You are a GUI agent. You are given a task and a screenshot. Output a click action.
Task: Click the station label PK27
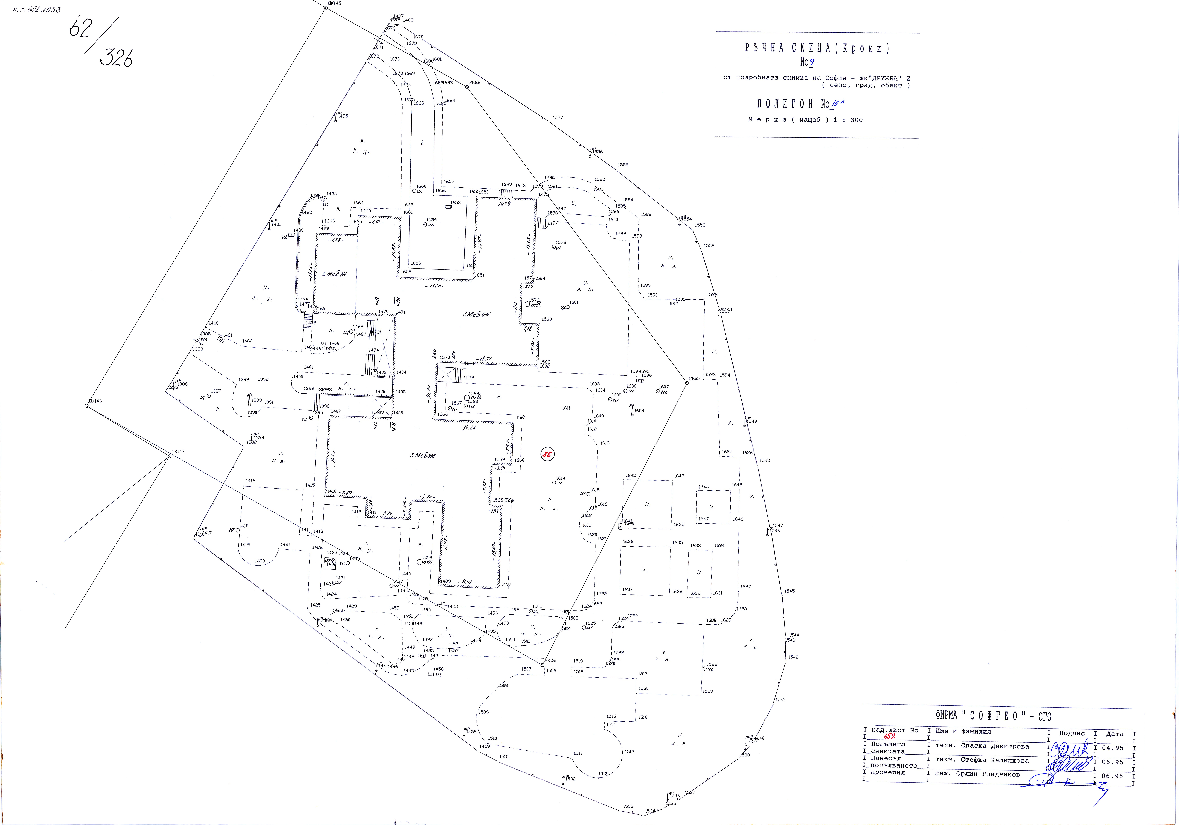[695, 379]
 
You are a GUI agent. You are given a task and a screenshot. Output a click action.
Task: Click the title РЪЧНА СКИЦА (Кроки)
[817, 48]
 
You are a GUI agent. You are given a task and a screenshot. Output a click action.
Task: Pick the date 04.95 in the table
[1112, 748]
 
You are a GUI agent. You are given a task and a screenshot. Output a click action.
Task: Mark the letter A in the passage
[422, 144]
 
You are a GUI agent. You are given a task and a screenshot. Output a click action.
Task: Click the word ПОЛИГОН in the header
[785, 104]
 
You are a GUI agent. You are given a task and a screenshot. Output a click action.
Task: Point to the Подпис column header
[1072, 734]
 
